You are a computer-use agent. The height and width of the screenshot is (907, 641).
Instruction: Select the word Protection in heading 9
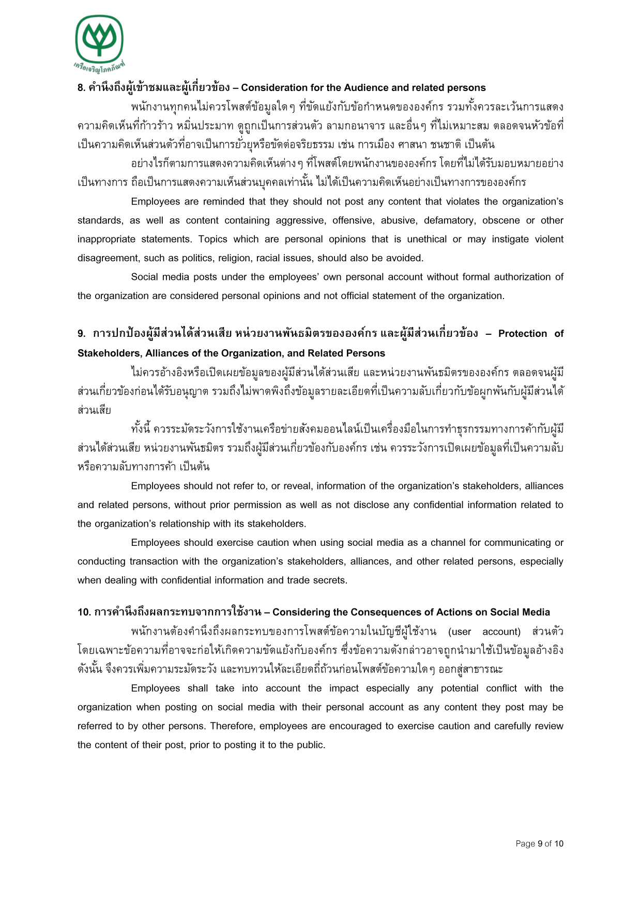(522, 334)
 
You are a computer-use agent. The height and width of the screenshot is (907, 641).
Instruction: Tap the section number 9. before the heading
(82, 334)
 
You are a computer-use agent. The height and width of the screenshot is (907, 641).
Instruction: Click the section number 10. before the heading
(84, 613)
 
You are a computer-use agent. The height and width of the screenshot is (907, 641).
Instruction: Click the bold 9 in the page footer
(540, 844)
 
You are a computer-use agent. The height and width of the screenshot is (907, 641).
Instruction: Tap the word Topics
(213, 239)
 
